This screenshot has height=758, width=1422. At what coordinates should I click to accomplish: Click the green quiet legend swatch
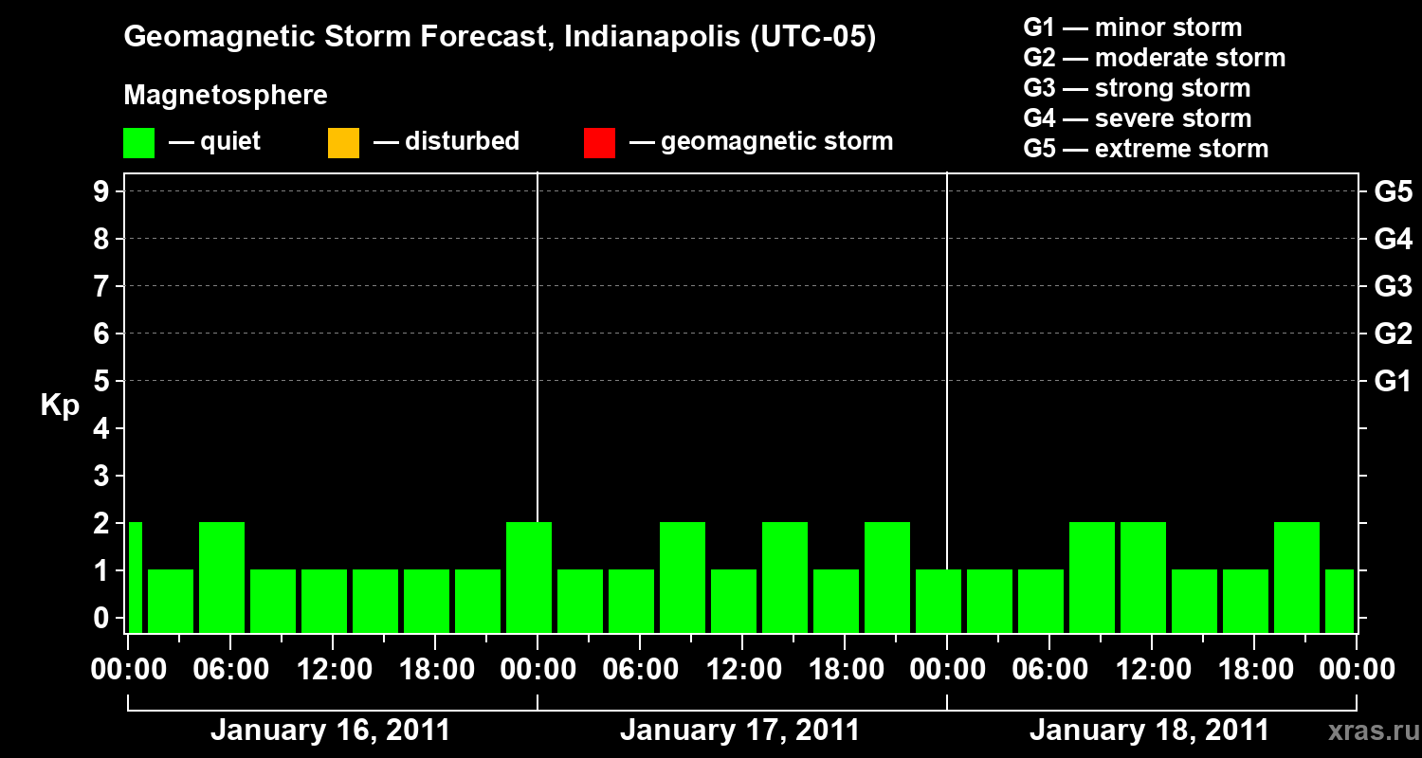[x=138, y=143]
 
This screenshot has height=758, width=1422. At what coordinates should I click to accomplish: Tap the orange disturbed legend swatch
[x=343, y=143]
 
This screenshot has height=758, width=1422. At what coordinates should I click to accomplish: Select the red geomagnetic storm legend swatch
[x=599, y=143]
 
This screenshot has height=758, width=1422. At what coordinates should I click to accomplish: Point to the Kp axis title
[x=60, y=406]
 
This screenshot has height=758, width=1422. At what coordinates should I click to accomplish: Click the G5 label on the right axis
[x=1393, y=191]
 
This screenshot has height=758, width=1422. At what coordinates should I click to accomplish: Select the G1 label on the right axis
[x=1393, y=381]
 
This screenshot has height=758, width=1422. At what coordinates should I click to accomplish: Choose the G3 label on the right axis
[x=1393, y=286]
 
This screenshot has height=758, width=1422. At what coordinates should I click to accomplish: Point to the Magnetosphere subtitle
[x=226, y=96]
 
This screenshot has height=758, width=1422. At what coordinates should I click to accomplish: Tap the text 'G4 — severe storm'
[x=1138, y=118]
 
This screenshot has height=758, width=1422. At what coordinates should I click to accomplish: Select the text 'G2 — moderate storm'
[x=1155, y=58]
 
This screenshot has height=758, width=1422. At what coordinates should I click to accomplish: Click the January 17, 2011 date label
[x=739, y=731]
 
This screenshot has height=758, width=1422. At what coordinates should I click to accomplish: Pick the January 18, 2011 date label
[x=1149, y=731]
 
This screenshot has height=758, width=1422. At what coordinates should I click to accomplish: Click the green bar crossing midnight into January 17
[x=529, y=577]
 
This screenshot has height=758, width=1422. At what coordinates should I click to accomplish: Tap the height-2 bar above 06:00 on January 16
[x=222, y=577]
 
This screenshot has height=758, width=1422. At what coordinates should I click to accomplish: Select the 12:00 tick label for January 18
[x=1150, y=669]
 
